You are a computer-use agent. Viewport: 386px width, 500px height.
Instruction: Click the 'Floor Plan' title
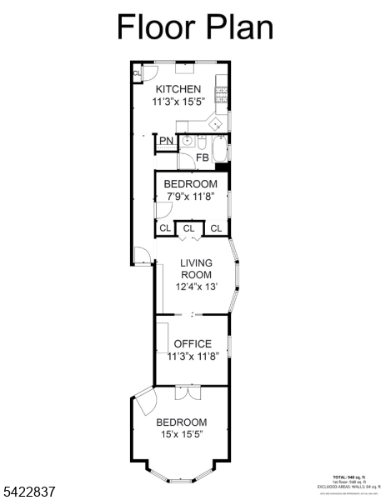point(193,27)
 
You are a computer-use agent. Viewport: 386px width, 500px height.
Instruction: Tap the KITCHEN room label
point(178,89)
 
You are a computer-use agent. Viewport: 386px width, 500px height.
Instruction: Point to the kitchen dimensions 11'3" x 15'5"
point(178,102)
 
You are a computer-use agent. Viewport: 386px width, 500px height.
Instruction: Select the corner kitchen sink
point(215,123)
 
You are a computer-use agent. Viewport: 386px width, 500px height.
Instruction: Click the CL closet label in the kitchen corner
point(137,72)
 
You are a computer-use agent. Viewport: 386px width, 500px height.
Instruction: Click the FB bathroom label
point(202,157)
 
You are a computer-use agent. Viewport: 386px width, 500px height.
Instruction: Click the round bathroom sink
point(188,140)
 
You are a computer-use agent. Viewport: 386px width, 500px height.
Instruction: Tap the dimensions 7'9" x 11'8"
point(190,197)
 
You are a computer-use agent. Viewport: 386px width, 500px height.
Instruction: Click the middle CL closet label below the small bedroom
point(189,227)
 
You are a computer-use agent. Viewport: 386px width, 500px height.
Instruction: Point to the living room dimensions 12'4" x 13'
point(197,287)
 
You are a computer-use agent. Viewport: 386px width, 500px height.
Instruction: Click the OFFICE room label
point(192,343)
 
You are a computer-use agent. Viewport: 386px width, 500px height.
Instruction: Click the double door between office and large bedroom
point(189,390)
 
